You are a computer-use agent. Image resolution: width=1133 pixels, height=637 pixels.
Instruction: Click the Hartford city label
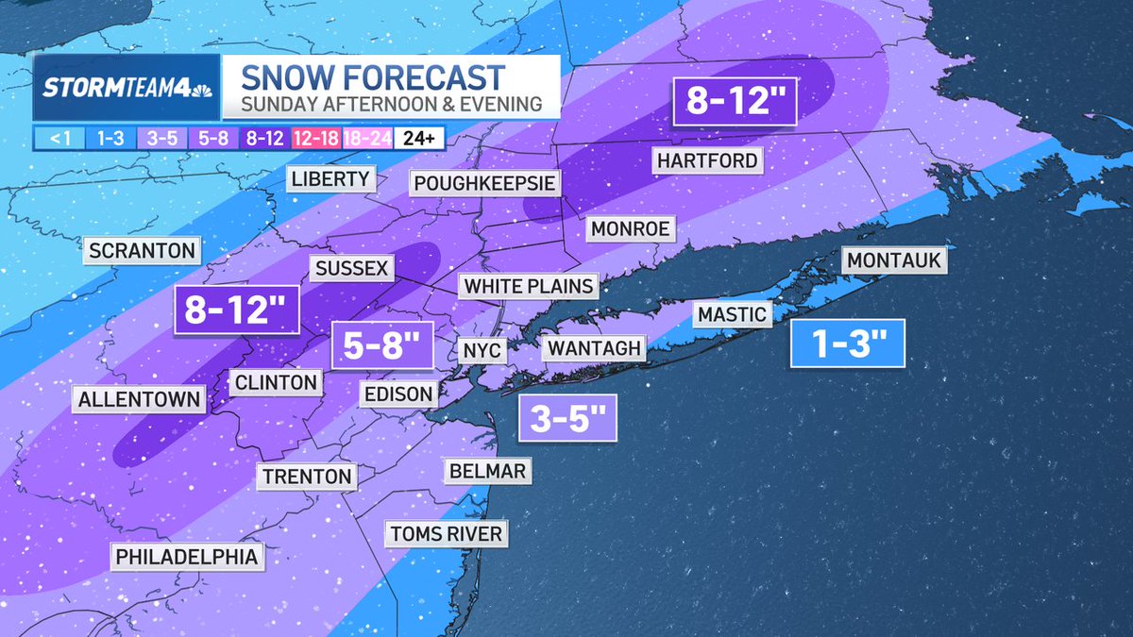coord(707,160)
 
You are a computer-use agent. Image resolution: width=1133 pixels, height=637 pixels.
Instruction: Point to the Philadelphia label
coord(186,557)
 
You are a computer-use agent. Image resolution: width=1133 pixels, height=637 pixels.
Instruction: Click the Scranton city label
coord(142,251)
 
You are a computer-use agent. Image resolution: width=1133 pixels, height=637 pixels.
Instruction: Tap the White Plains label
coord(529,286)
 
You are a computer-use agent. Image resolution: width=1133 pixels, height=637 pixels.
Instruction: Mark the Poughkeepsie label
coord(483,182)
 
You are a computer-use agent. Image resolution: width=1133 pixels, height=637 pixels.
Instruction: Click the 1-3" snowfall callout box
coord(847,344)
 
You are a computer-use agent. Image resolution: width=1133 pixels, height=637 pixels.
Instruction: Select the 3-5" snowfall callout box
coord(567,418)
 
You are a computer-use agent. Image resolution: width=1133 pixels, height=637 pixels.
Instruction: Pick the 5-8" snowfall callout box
coord(381,346)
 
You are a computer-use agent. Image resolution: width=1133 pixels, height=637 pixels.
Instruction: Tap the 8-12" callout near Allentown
coord(236,310)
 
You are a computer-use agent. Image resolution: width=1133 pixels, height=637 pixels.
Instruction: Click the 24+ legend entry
coord(418,138)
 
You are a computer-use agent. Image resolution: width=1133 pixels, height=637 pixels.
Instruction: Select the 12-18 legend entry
coord(316,138)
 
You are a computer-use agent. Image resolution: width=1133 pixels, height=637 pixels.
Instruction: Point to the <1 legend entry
coord(59,138)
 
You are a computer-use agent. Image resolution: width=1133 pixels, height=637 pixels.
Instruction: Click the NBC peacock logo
coord(198,90)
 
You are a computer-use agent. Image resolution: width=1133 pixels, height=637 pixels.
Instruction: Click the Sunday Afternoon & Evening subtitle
coord(391,105)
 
